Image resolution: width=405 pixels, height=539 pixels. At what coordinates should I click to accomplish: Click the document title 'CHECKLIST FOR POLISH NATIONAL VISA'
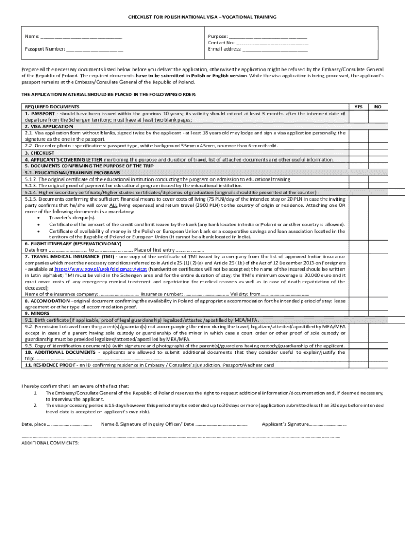pos(202,17)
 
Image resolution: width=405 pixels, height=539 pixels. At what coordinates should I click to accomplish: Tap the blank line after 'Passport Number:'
pos(95,49)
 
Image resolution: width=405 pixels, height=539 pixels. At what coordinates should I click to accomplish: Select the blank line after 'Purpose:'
pos(268,36)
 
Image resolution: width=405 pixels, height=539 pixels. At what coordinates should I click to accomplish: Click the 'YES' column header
pos(358,107)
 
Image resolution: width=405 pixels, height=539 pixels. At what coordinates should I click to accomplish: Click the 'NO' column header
pos(377,107)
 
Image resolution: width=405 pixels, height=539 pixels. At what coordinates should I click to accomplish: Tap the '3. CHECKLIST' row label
pos(39,153)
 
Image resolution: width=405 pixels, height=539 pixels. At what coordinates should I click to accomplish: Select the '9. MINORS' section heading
pos(37,313)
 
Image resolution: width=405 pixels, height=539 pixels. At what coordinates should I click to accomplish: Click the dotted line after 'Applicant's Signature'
pos(327,424)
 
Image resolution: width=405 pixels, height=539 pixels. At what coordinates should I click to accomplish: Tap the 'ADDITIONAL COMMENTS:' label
pos(50,443)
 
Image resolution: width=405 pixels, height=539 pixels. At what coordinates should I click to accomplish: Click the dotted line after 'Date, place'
pos(70,424)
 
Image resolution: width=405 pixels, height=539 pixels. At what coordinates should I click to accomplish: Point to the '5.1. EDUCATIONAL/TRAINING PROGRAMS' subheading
pos(72,172)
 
